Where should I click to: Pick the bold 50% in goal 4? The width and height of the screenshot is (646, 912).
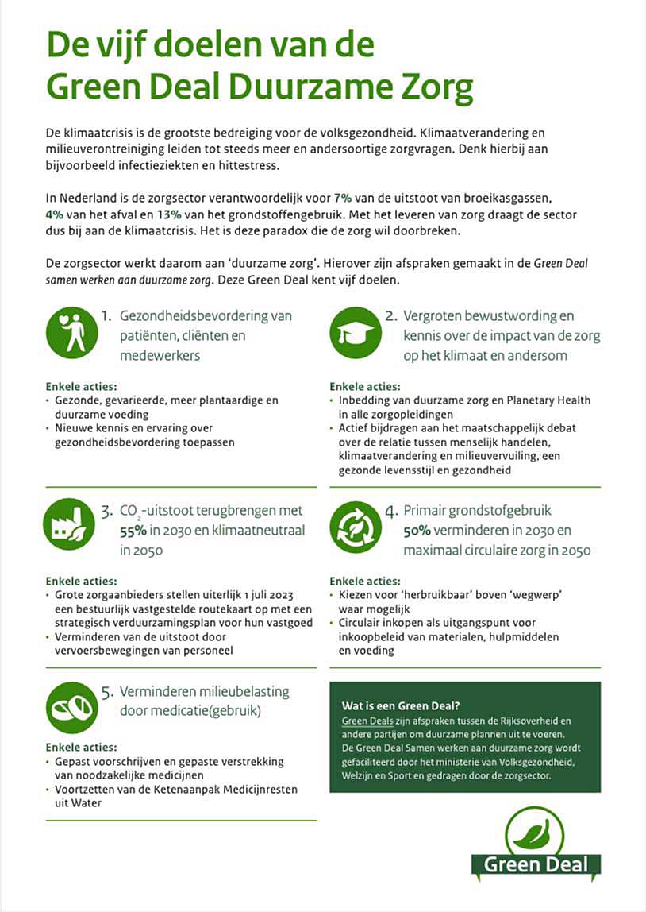418,530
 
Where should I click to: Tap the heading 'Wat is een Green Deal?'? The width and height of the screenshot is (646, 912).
400,705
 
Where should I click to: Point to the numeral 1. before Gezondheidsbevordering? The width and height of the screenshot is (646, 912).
106,317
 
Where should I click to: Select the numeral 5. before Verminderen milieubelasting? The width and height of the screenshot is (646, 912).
106,692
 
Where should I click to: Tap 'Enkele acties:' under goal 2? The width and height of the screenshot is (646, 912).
365,386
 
